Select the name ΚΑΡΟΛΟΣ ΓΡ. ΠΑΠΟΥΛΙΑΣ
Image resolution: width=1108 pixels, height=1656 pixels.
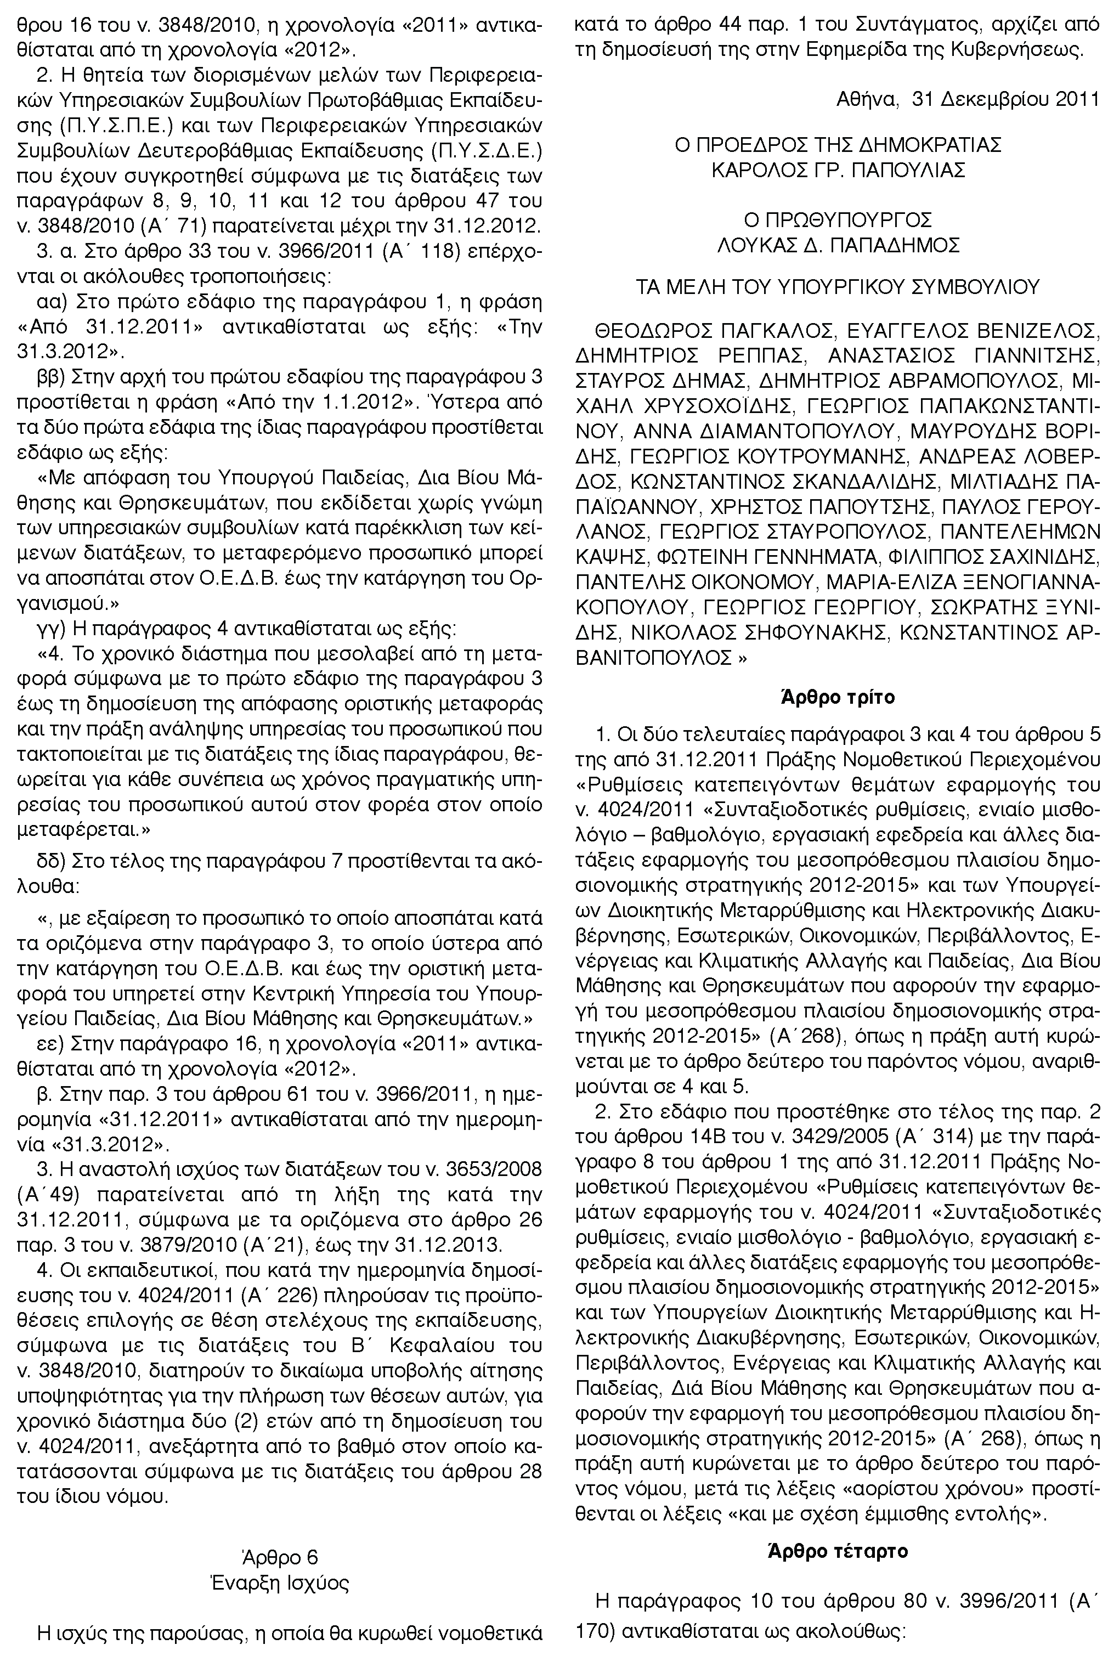[x=838, y=170]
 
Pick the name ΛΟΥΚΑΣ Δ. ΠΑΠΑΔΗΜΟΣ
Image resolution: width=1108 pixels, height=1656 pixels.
[x=838, y=245]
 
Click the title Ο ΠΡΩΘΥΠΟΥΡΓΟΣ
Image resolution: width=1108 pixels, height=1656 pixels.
[x=838, y=219]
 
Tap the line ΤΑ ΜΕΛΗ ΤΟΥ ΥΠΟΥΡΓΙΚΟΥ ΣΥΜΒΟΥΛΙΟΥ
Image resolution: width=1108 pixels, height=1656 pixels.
[x=838, y=287]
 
